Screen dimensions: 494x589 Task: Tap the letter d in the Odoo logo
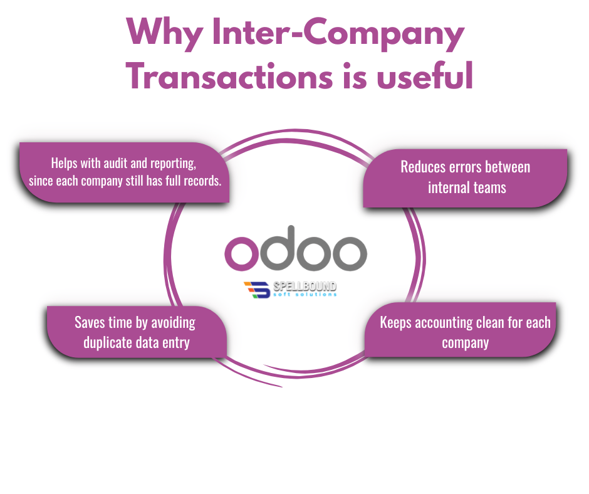[x=278, y=246]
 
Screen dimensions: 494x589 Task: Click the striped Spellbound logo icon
[x=257, y=290]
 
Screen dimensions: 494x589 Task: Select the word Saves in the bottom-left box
[x=90, y=323]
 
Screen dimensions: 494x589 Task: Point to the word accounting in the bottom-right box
[x=444, y=323]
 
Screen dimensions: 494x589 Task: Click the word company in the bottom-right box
[x=465, y=343]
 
